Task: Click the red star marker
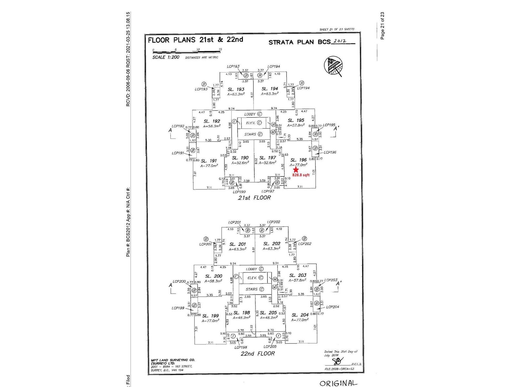296,170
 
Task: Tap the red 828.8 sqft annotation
301,175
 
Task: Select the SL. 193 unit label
236,89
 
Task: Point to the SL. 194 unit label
270,89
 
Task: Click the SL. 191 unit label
209,161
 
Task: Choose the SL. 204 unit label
300,315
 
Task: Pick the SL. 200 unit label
213,276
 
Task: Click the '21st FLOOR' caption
254,197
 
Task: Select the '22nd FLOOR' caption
258,353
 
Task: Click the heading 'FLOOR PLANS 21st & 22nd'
195,40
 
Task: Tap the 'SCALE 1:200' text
166,57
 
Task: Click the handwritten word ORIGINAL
338,383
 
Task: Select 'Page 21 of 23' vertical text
382,26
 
